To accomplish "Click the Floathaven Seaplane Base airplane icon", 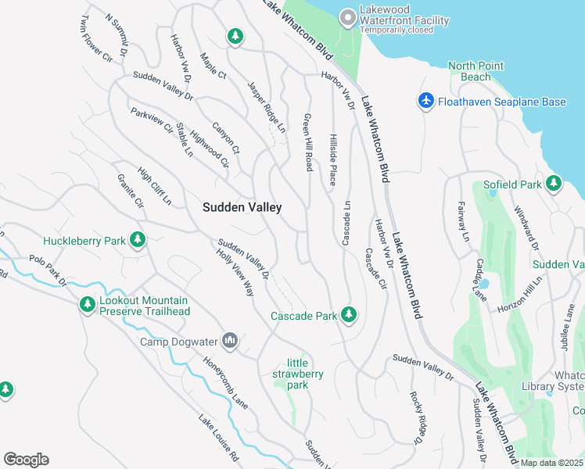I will tap(425, 102).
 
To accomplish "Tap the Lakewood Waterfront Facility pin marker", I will tap(346, 16).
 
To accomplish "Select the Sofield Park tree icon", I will tap(554, 184).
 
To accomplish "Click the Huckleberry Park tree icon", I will tap(138, 240).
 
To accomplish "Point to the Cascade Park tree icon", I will tap(349, 315).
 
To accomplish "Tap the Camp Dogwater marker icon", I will tap(230, 340).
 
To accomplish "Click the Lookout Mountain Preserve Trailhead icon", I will tap(87, 305).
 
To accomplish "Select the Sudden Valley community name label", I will tap(242, 207).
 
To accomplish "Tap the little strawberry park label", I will tap(294, 374).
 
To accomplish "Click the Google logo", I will tap(26, 459).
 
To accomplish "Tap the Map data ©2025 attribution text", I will tap(551, 463).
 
